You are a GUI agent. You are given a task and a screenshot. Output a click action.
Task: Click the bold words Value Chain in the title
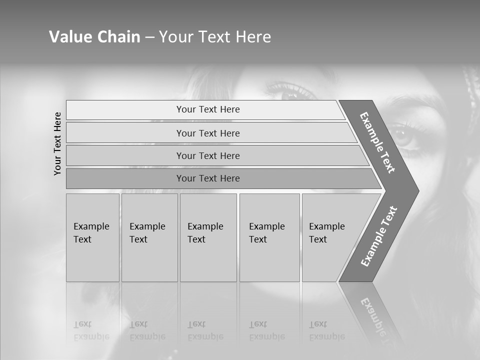(x=94, y=37)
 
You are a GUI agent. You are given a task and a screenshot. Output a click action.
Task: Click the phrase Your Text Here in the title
(x=215, y=37)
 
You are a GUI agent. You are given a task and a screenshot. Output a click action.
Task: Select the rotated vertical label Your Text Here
(x=57, y=143)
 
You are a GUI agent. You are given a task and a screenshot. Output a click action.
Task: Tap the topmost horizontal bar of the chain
(x=207, y=109)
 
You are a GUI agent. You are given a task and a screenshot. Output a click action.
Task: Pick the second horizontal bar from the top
(x=207, y=133)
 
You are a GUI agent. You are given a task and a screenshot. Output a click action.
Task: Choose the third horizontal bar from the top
(x=207, y=155)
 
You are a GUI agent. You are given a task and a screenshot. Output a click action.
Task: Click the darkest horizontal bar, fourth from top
(x=207, y=178)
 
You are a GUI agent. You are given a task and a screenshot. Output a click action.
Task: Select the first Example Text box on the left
(x=92, y=237)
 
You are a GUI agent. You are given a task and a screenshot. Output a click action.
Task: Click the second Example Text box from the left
(x=149, y=237)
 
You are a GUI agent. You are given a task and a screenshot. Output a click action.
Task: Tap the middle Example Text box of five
(x=207, y=237)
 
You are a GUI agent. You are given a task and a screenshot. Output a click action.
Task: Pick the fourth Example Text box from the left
(x=269, y=237)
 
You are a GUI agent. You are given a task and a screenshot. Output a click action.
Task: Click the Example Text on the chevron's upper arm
(x=377, y=142)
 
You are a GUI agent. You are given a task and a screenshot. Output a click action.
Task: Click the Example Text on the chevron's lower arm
(x=378, y=236)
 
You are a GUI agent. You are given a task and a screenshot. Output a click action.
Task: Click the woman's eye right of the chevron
(x=402, y=134)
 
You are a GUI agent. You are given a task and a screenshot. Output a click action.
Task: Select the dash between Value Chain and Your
(x=149, y=37)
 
